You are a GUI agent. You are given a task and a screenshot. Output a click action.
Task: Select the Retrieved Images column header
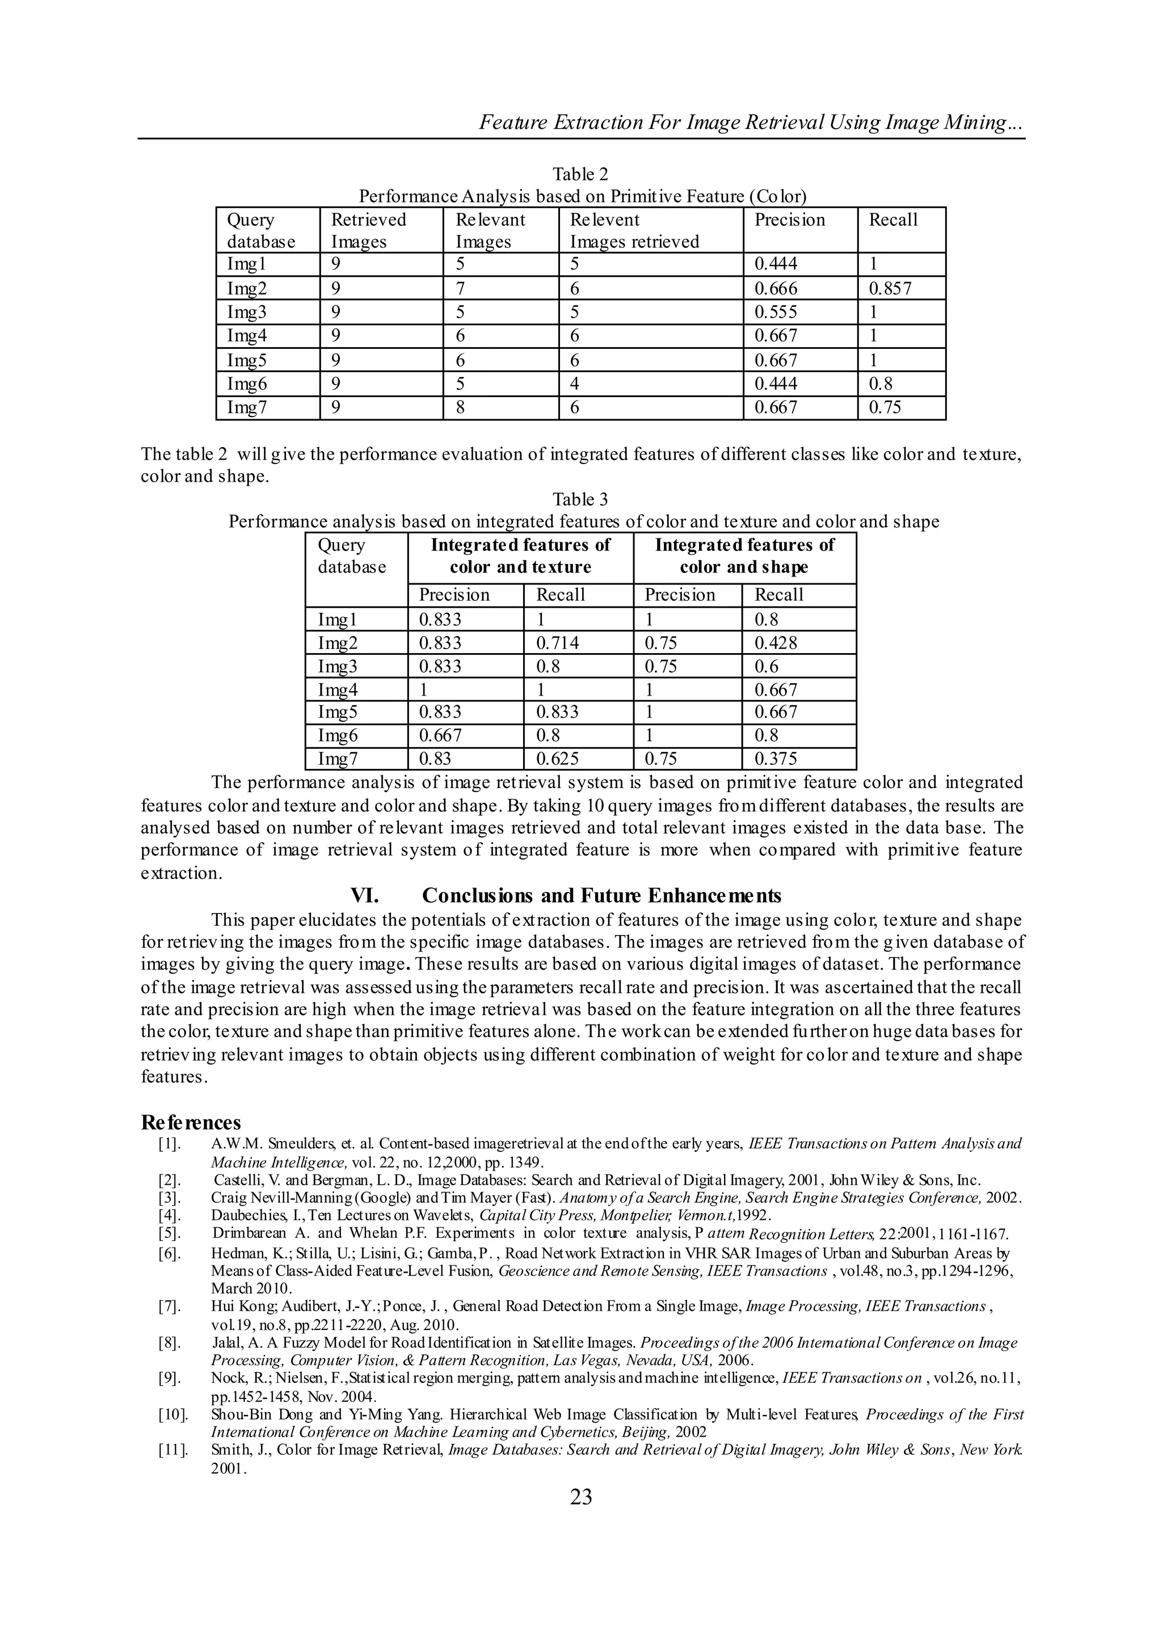[368, 230]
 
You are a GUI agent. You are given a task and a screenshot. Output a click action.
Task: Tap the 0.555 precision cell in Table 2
[776, 312]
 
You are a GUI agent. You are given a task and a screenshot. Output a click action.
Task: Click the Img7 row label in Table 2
[247, 407]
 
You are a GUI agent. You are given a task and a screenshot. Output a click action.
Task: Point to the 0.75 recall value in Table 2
[885, 407]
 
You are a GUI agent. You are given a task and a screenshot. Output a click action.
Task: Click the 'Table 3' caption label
[580, 499]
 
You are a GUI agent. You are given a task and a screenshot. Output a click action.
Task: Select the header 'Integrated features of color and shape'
[744, 556]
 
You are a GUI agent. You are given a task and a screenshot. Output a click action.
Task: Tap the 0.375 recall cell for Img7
[776, 759]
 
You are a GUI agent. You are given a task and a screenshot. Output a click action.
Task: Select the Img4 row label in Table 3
[338, 690]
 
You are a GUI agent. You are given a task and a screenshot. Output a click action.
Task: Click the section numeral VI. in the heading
[364, 896]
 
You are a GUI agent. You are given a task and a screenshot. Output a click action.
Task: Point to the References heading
[191, 1121]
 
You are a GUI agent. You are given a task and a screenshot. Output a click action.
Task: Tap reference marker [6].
[170, 1253]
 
